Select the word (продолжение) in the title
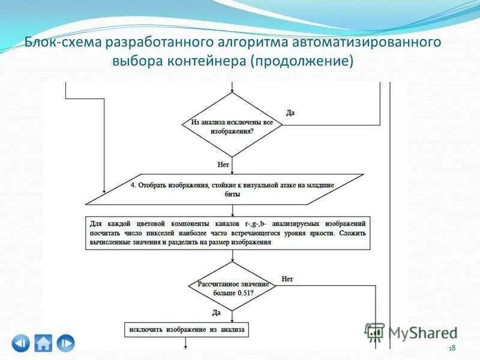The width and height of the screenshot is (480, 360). pos(302,62)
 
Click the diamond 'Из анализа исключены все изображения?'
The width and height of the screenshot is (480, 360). pos(232,125)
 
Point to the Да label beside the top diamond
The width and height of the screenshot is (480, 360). pos(290,113)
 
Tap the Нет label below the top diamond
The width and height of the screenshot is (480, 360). pos(223,163)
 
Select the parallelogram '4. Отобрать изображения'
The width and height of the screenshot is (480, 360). pos(225,190)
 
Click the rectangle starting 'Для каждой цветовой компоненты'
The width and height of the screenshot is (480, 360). pos(227,232)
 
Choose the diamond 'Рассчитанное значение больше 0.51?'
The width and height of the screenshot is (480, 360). pos(232,286)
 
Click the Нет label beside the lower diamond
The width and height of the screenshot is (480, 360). pos(287,279)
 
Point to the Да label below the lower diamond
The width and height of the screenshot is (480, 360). pos(217,313)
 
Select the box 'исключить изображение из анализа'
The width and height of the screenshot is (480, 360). pos(186,330)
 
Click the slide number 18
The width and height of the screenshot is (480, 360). pos(452,349)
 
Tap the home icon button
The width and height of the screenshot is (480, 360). pos(43,343)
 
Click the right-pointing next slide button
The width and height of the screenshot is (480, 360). pos(66,343)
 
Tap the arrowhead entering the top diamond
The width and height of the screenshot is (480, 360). pos(232,91)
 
